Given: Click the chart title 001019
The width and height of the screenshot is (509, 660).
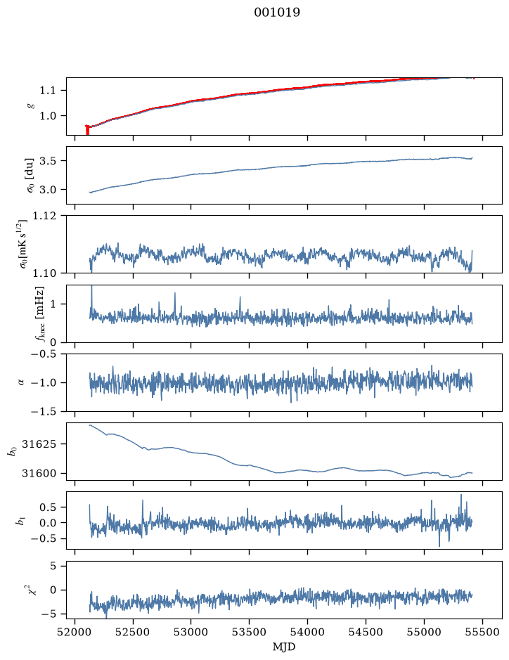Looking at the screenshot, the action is click(x=276, y=13).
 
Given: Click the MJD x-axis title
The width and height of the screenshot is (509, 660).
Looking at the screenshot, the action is click(x=284, y=647).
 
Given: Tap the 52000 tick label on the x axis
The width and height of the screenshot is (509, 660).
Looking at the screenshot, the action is click(x=75, y=632).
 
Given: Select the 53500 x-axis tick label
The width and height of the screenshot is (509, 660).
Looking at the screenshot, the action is click(x=249, y=632).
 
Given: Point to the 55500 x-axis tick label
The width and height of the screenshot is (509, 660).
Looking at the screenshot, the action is click(x=482, y=632).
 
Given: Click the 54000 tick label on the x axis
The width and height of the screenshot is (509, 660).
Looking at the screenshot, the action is click(x=307, y=632).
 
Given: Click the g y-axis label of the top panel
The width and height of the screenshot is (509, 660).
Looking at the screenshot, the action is click(x=31, y=107).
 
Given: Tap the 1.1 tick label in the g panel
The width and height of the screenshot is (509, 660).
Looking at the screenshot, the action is click(x=48, y=91).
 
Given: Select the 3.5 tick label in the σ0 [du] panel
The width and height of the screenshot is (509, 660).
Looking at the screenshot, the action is click(x=48, y=161).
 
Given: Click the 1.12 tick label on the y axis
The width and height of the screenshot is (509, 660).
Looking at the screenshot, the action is click(x=44, y=216).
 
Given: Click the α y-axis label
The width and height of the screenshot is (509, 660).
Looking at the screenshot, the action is click(x=21, y=382).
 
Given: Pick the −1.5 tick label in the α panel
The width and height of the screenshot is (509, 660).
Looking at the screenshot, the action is click(x=44, y=411).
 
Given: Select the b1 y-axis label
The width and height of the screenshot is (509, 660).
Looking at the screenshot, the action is click(x=20, y=521).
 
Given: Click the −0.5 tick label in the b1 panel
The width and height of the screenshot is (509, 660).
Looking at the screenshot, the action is click(x=44, y=539).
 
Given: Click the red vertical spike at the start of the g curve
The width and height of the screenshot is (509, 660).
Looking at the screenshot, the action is click(x=87, y=129).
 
